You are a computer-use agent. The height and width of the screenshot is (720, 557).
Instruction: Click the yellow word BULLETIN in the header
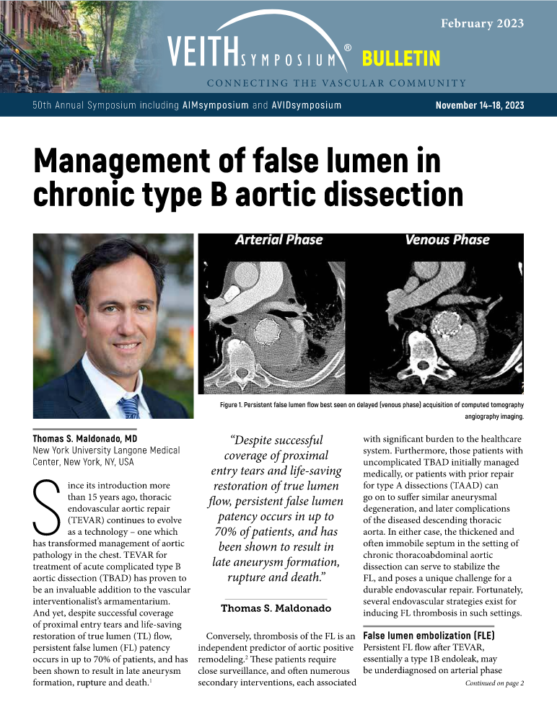tap(400, 58)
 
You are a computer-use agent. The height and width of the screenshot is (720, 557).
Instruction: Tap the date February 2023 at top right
tap(482, 23)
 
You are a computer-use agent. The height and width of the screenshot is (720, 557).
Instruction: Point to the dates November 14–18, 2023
tap(480, 106)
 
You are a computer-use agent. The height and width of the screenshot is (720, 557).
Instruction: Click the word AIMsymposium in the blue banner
tap(216, 106)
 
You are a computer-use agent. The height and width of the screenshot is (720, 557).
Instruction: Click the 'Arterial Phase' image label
tap(279, 240)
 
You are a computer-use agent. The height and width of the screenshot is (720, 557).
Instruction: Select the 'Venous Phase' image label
tap(447, 240)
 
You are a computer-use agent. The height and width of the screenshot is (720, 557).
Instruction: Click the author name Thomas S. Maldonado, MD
tap(85, 438)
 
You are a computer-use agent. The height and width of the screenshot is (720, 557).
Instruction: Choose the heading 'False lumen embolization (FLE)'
tap(428, 636)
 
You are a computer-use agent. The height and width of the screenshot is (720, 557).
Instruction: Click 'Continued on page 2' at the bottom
tap(494, 703)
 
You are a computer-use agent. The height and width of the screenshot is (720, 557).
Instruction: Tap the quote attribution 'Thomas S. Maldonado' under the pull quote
tap(276, 608)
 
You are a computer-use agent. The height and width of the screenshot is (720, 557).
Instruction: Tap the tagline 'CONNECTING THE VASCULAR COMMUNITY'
tap(336, 82)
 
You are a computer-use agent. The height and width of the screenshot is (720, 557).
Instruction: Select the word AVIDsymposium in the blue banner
tap(307, 106)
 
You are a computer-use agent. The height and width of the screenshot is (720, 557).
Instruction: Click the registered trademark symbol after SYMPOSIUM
tap(348, 48)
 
